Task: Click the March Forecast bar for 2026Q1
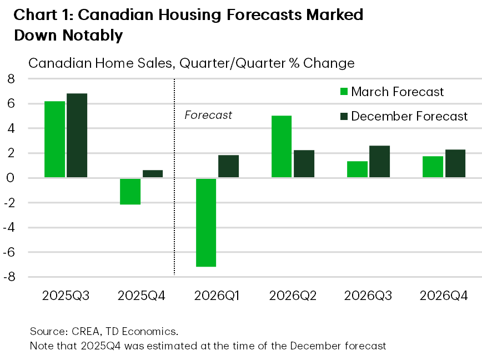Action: [205, 222]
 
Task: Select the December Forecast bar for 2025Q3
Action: [77, 136]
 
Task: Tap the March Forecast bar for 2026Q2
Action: [282, 147]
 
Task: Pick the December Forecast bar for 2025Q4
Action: [153, 174]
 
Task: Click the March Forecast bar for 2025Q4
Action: [130, 191]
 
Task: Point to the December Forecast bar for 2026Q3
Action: [380, 162]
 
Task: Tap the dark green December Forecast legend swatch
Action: [343, 116]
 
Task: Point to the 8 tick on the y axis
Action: [10, 79]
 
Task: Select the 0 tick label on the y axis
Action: [10, 178]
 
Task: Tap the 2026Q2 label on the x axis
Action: [293, 295]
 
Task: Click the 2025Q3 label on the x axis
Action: [66, 295]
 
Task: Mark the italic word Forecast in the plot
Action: [208, 116]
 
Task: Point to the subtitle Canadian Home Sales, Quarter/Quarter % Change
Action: [191, 63]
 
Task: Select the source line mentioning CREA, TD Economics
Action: [104, 332]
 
